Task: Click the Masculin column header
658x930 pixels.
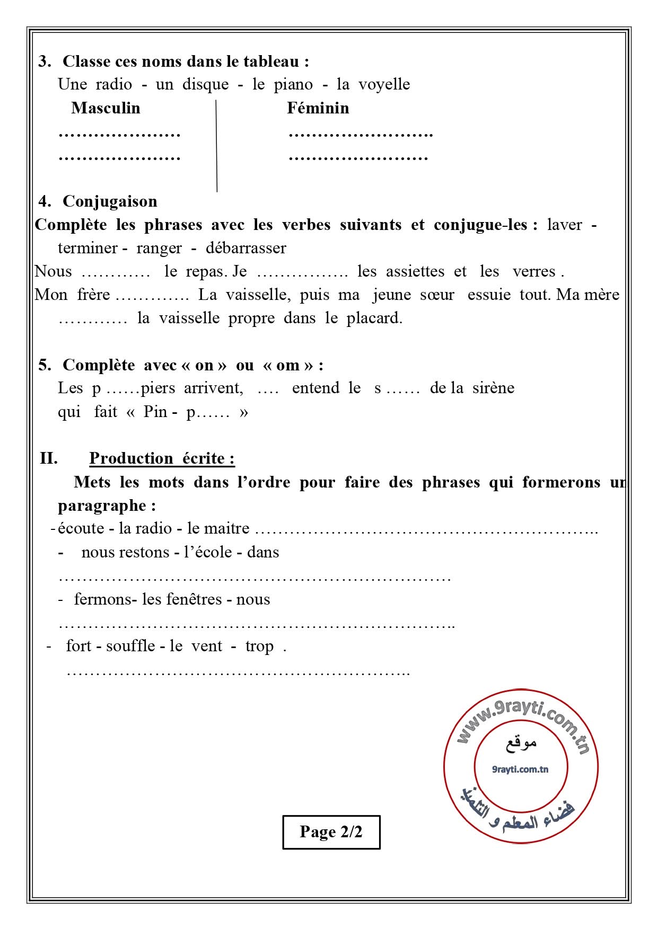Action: click(x=106, y=108)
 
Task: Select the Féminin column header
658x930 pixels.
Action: click(x=318, y=108)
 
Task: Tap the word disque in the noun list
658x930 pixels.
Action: click(x=205, y=84)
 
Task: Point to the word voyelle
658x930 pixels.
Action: click(x=384, y=84)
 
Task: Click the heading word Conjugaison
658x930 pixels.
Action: click(x=110, y=201)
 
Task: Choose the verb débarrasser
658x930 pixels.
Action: click(x=245, y=248)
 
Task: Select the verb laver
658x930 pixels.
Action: click(x=564, y=225)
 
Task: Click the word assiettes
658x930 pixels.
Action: click(x=415, y=271)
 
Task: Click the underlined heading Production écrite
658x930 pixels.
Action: click(x=162, y=458)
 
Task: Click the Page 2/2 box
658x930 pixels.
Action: click(x=331, y=831)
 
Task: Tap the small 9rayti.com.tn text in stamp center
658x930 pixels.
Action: click(x=520, y=769)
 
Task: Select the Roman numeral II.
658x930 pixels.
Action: click(x=49, y=458)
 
